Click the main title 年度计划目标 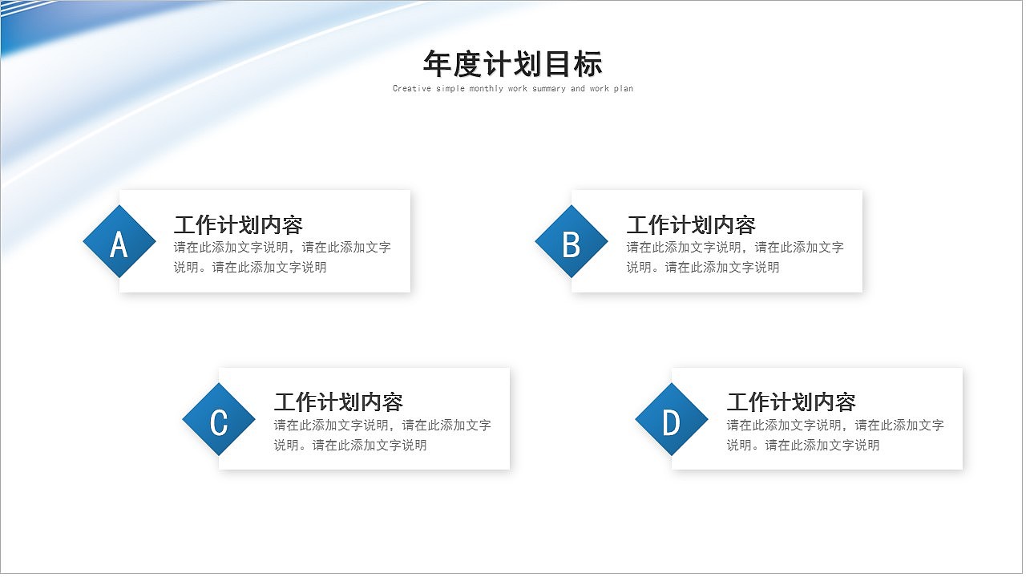coord(512,63)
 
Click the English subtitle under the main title coord(512,89)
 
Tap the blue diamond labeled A coord(119,241)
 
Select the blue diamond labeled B coord(572,241)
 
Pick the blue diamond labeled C coord(219,419)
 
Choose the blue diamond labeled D coord(672,419)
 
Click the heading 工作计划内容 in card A coord(238,224)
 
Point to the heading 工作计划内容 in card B coord(691,224)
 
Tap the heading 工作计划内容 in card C coord(338,401)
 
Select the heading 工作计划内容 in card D coord(791,401)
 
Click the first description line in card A coord(282,248)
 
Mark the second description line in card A coord(250,268)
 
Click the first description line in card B coord(735,248)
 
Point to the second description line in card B coord(703,268)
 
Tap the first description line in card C coord(382,426)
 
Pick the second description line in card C coord(350,446)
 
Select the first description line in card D coord(835,426)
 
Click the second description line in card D coord(803,446)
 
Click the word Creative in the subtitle coord(412,89)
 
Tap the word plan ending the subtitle coord(623,89)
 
